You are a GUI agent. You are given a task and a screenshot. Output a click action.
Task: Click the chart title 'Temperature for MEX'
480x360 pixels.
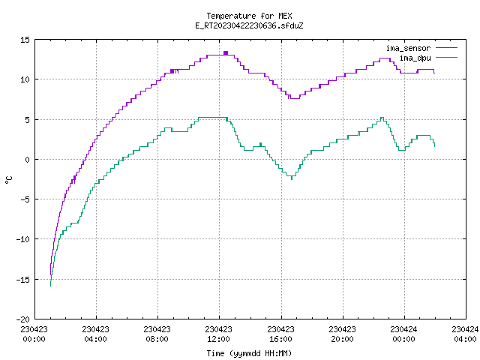click(x=249, y=16)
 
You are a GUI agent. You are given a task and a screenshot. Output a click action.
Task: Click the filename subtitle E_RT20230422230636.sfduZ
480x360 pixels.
click(x=249, y=25)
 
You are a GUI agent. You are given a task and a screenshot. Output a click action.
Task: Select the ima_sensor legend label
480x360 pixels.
click(x=408, y=48)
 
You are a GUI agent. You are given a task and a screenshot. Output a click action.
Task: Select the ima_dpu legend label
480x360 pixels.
click(x=415, y=58)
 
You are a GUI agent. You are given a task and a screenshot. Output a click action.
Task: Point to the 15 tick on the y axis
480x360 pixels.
click(x=25, y=40)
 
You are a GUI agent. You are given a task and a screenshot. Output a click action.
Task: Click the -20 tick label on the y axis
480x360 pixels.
click(x=22, y=319)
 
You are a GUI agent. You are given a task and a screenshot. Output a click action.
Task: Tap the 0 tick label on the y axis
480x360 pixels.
click(x=27, y=160)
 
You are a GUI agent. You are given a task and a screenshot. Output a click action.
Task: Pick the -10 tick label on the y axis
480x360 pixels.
click(x=22, y=239)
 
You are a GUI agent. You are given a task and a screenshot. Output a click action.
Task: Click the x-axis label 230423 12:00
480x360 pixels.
click(x=218, y=334)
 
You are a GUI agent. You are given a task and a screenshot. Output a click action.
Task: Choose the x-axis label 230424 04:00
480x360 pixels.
click(x=465, y=334)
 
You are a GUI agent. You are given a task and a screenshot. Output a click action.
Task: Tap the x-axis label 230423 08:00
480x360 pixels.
click(x=157, y=334)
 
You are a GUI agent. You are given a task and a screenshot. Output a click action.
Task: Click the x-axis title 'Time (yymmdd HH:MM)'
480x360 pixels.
click(x=249, y=353)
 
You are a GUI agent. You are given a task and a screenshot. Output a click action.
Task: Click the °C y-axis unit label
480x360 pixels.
click(x=8, y=180)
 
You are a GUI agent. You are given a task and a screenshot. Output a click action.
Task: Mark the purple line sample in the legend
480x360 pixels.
click(x=447, y=48)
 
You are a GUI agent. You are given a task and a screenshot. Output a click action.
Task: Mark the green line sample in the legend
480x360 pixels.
click(x=447, y=58)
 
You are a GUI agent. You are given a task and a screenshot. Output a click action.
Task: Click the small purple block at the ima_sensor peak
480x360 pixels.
click(x=226, y=53)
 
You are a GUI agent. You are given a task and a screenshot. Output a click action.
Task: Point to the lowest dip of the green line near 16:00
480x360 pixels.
click(x=292, y=179)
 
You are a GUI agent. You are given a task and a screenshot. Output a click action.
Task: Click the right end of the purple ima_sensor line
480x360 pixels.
click(x=434, y=73)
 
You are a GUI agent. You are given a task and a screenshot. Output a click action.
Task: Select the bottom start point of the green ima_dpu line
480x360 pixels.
click(x=50, y=286)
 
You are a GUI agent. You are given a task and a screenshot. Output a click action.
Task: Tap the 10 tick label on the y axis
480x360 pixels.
click(x=25, y=79)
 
